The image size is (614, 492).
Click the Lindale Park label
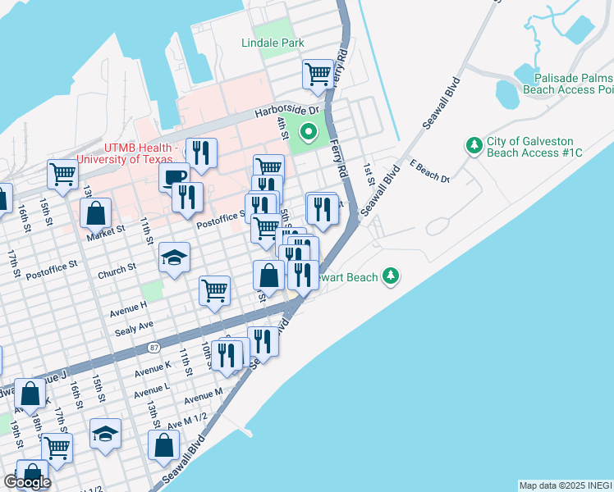(273, 43)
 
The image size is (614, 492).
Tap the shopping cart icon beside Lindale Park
(318, 74)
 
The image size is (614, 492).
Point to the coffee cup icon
(174, 176)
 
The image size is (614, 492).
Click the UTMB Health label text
(125, 152)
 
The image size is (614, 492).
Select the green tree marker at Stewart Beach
(392, 276)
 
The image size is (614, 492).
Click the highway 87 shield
(154, 348)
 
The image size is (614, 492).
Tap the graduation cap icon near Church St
(174, 258)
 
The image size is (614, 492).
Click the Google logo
(27, 482)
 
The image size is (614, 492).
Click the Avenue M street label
(203, 398)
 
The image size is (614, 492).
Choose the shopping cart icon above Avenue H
(214, 289)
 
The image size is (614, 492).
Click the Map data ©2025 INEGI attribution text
(565, 485)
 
